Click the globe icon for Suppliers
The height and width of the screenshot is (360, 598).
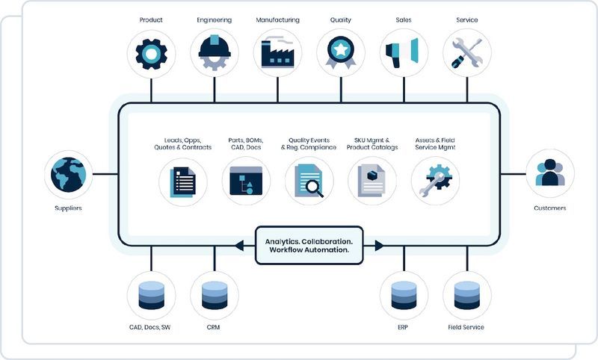click(68, 174)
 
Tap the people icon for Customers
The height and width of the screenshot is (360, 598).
click(550, 173)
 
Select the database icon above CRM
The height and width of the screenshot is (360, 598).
click(215, 294)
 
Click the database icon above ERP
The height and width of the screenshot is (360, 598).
click(404, 294)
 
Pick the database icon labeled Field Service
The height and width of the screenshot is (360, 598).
click(467, 294)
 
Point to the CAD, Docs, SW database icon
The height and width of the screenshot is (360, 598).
click(151, 294)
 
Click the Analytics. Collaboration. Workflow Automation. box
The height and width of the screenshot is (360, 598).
click(309, 245)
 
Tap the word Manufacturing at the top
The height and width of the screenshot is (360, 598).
click(278, 20)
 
